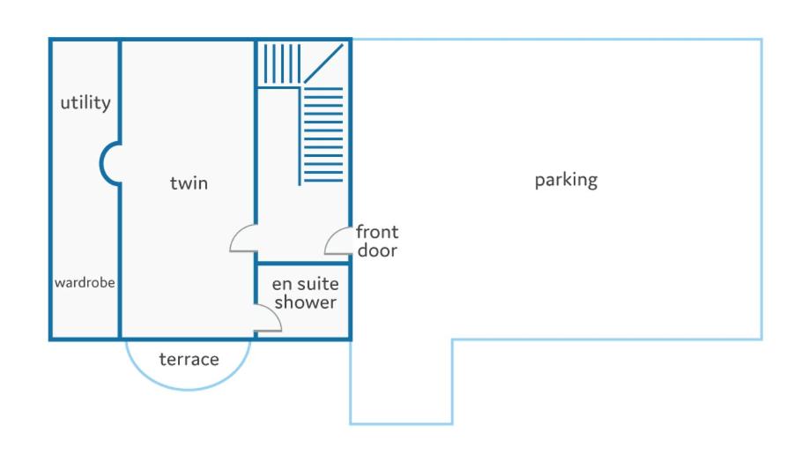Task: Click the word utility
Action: coord(85,103)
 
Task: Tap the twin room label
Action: coord(189,183)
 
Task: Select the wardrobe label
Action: coord(85,282)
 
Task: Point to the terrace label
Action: coord(189,360)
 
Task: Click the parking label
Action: coord(566,181)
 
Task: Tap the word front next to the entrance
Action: coord(377,232)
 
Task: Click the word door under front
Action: coord(377,250)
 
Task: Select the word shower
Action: coord(305,302)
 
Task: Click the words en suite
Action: coord(305,284)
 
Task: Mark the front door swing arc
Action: coord(331,235)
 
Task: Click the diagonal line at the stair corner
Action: coord(323,63)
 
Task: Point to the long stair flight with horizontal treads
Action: coord(323,135)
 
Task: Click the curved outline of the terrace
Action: coord(188,389)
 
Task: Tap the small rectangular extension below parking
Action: coord(402,382)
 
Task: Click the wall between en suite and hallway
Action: coord(303,264)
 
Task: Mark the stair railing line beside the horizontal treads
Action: coord(300,137)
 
